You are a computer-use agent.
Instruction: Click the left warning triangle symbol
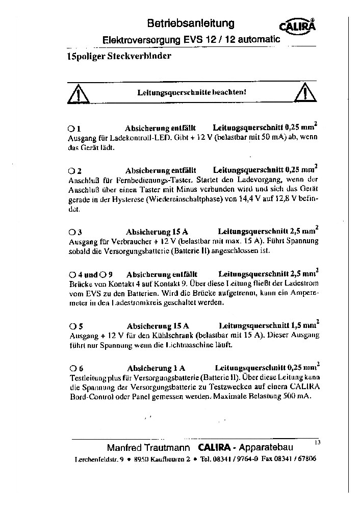click(80, 94)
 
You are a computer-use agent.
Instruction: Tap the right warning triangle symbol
click(305, 92)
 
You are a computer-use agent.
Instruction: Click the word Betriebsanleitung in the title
click(191, 23)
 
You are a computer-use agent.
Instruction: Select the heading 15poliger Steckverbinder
click(119, 56)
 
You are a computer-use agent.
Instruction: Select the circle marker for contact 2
click(71, 171)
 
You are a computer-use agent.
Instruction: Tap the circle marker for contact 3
click(71, 232)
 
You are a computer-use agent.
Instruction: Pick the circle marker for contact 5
click(71, 326)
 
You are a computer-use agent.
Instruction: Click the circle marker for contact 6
click(71, 368)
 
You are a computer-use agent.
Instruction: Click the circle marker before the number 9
click(104, 274)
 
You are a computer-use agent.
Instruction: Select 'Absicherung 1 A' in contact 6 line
click(156, 368)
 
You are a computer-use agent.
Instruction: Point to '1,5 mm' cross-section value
click(302, 325)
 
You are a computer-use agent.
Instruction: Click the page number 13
click(318, 443)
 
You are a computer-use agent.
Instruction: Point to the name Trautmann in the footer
click(163, 448)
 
